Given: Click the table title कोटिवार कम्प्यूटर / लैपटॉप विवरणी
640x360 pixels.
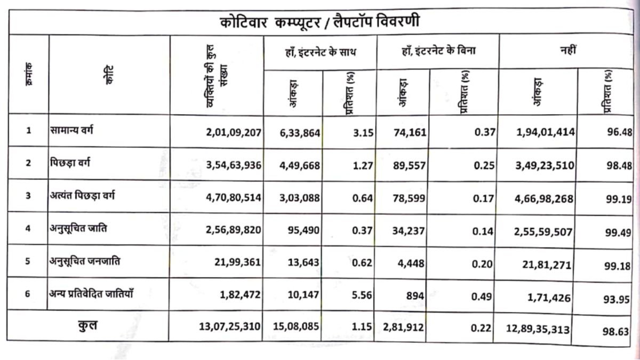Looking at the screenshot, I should [320, 22].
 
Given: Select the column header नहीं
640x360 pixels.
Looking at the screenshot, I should [567, 51].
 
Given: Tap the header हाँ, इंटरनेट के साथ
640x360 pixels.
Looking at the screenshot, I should [321, 52].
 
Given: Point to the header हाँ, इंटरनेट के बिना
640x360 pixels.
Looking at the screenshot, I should [438, 51].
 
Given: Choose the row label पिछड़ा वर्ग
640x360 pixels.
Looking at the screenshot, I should [67, 163].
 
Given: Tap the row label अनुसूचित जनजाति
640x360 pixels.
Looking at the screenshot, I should [85, 261].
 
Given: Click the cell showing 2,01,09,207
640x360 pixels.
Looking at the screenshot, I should [234, 132].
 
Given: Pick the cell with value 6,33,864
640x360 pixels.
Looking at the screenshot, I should [299, 132].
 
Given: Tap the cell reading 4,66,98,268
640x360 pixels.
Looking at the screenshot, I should [545, 199].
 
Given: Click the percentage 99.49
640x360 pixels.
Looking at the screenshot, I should [619, 232].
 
